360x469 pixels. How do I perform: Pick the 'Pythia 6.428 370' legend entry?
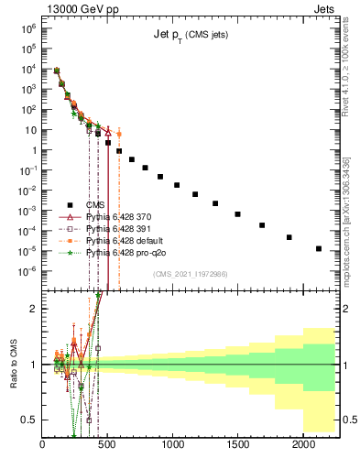point(117,216)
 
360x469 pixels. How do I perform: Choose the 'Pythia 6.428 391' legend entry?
point(117,228)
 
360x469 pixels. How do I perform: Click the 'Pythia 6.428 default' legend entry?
point(124,239)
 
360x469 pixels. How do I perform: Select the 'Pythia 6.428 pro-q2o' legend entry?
point(125,251)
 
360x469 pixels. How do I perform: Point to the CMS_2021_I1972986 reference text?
point(190,274)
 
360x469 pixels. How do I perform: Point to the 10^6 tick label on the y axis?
point(28,28)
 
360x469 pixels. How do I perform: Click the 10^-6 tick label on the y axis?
point(27,270)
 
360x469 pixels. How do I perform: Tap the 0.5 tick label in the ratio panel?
point(27,420)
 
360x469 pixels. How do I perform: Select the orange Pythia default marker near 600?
point(118,134)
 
